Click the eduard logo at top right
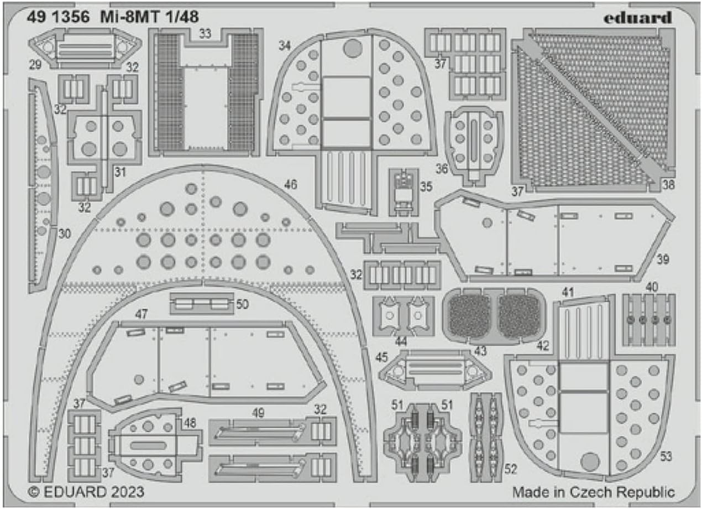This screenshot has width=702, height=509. coord(638,18)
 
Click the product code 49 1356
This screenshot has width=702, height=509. coord(58,17)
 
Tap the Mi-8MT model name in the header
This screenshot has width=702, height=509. coord(132,17)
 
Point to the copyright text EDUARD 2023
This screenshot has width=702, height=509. coord(86,492)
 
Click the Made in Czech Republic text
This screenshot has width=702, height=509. coord(594,492)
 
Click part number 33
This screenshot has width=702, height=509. coord(205,34)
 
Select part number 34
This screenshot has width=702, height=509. coord(285,46)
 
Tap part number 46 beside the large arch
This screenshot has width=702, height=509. coord(290,184)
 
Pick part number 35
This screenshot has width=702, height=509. coord(426,186)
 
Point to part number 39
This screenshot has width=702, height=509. coord(663,259)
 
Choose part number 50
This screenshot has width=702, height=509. coord(242,304)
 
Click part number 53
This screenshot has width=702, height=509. coord(666,456)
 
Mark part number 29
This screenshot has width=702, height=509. coord(35,65)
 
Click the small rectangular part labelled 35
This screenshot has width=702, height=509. coord(404,192)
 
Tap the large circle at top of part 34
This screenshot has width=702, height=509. coord(353,48)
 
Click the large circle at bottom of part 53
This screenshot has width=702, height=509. coord(590,462)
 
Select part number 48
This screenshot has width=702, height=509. coord(190,423)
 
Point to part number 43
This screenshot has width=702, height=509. coord(480,351)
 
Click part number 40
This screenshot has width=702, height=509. coord(652,287)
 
